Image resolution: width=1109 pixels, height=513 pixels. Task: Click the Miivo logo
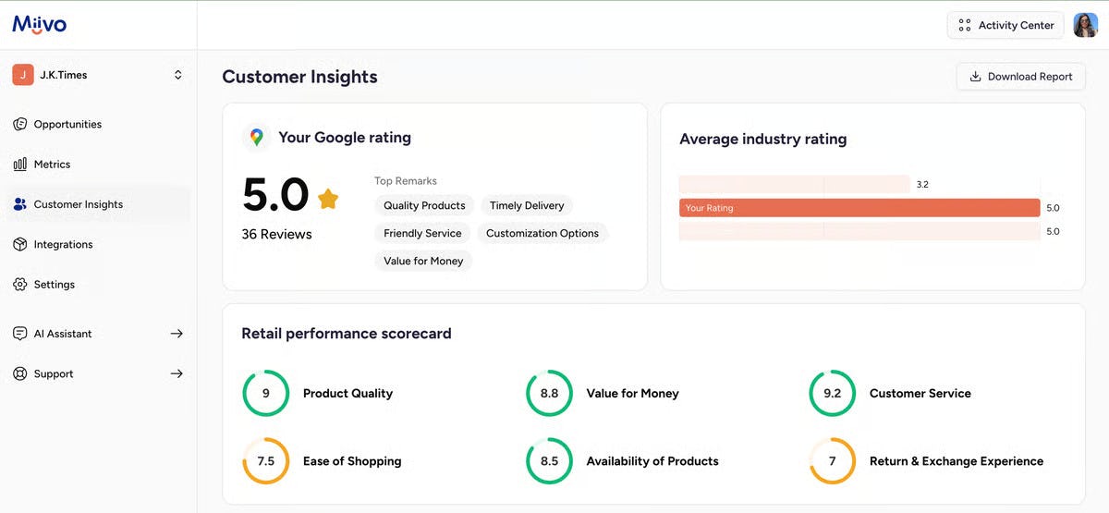pos(39,25)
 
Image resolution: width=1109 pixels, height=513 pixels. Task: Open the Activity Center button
pos(1005,25)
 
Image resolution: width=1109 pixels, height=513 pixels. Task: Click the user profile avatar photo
pos(1085,25)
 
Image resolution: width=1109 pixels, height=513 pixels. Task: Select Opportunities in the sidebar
pos(67,124)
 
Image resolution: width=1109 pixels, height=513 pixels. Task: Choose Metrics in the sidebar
pos(52,164)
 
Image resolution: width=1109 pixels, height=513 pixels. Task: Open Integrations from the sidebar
pos(63,244)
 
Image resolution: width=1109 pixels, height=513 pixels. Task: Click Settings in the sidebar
pos(54,284)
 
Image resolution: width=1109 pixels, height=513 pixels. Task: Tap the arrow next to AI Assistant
pos(177,334)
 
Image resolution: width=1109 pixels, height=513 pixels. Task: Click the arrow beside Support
pos(177,373)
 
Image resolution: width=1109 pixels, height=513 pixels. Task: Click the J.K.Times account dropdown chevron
pos(178,75)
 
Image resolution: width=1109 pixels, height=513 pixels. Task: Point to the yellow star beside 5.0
pos(328,198)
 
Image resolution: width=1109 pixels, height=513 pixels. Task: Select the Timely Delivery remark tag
pos(527,205)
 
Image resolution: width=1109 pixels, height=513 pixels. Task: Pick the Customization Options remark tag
pos(542,233)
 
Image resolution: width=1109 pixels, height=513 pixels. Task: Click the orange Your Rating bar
pos(859,208)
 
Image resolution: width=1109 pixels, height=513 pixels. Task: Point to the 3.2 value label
pos(922,185)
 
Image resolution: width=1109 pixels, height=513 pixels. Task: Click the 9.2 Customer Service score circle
pos(832,393)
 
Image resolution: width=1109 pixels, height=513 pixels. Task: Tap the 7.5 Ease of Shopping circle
pos(265,460)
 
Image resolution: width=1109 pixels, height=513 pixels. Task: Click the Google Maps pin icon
pos(257,137)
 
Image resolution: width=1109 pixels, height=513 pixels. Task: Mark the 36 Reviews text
pos(276,234)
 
